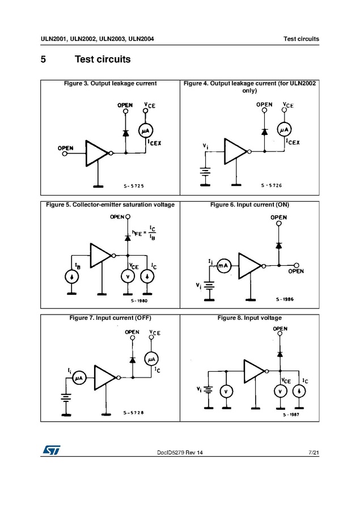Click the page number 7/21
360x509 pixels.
(314, 452)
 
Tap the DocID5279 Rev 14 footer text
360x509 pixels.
(180, 452)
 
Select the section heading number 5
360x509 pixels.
(43, 60)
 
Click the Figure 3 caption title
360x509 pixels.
(111, 83)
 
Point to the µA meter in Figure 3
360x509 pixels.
(145, 130)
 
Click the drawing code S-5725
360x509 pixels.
(133, 185)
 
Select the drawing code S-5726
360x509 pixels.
(272, 185)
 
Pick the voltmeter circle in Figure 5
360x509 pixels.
(128, 276)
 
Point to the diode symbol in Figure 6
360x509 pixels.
(278, 245)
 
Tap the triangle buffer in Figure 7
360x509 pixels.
(105, 378)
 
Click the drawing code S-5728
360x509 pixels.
(134, 412)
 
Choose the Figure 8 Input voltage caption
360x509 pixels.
(249, 318)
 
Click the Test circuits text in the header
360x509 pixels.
(301, 39)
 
